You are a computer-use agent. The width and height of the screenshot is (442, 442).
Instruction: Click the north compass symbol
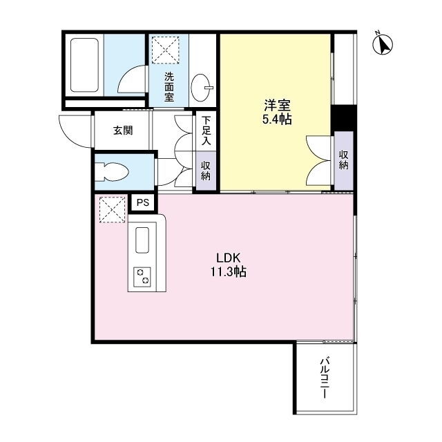[x=383, y=44]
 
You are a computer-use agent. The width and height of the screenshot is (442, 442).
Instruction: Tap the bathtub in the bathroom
[x=84, y=65]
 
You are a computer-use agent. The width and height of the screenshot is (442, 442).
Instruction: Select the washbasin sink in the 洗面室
[x=201, y=87]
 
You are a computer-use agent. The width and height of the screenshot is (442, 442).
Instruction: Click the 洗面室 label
[x=169, y=87]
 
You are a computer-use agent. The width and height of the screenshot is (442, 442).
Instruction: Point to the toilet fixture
[x=112, y=172]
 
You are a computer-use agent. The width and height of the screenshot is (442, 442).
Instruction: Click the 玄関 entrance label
[x=123, y=131]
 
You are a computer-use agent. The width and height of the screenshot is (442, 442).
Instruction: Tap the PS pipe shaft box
[x=143, y=202]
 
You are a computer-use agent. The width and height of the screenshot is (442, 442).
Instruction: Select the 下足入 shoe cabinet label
[x=206, y=131]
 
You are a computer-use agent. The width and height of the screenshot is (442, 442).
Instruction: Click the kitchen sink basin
[x=142, y=240]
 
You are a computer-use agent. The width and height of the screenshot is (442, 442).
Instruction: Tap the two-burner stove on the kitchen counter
[x=142, y=276]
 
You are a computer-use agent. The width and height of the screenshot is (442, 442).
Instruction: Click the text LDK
[x=228, y=258]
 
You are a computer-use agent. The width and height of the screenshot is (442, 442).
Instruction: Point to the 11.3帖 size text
[x=229, y=271]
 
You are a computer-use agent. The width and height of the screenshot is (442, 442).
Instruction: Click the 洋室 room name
[x=277, y=106]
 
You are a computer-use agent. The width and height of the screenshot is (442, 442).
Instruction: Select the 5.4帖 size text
[x=277, y=119]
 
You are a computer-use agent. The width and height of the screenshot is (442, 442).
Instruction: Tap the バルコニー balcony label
[x=325, y=378]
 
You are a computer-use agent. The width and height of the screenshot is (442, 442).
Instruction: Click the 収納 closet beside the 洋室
[x=344, y=161]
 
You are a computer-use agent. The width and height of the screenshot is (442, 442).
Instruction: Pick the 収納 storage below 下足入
[x=206, y=171]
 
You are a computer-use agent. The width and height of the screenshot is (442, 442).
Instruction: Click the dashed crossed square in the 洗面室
[x=166, y=50]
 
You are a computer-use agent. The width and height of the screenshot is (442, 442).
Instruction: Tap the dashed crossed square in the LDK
[x=112, y=210]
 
